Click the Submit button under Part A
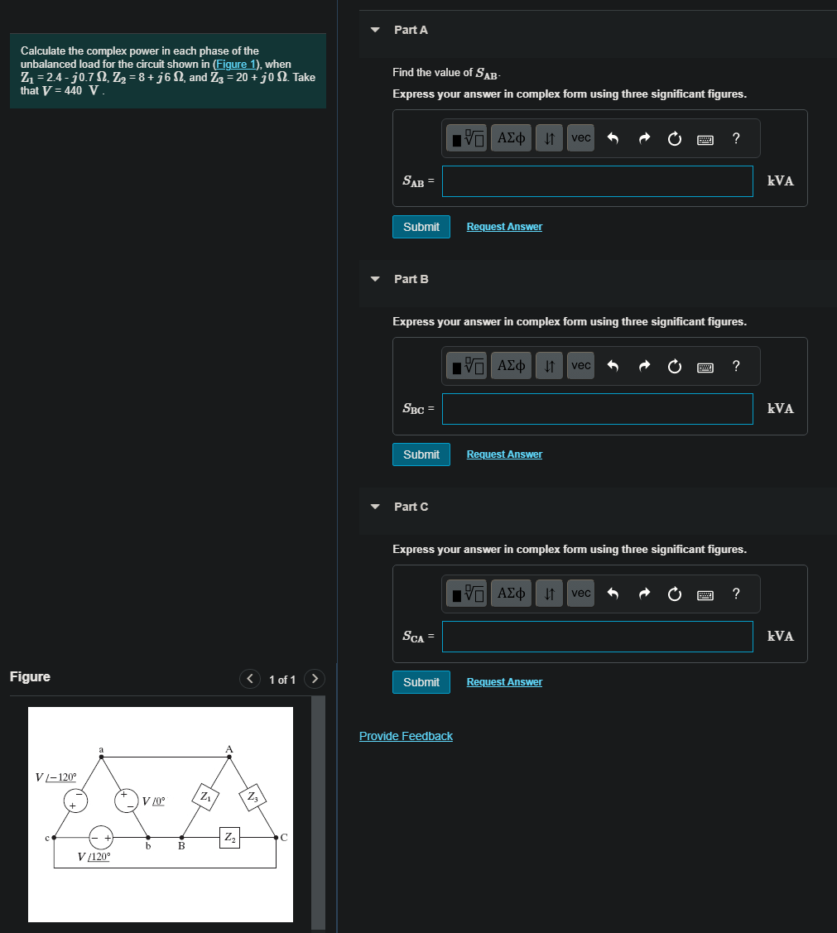(421, 227)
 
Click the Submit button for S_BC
(421, 454)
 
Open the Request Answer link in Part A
(504, 227)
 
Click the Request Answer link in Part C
(504, 682)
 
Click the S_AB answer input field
(597, 181)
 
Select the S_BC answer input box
(597, 409)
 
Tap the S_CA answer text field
(597, 637)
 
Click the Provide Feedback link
(406, 736)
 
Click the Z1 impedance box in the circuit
(205, 797)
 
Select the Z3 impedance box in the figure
(253, 797)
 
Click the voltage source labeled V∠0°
(126, 800)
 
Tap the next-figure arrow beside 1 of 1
(314, 680)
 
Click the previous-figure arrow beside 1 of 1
(250, 680)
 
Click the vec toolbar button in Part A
(581, 138)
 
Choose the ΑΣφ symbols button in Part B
(512, 366)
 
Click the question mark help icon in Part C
(736, 594)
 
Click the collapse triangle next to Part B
(375, 279)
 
